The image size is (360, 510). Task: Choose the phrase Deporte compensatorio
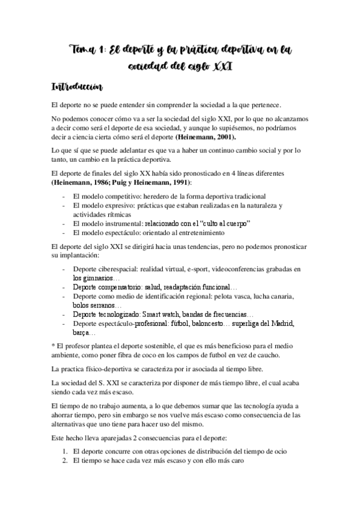[112, 287]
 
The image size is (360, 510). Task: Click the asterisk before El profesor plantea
[53, 346]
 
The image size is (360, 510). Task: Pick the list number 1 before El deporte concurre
[64, 451]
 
